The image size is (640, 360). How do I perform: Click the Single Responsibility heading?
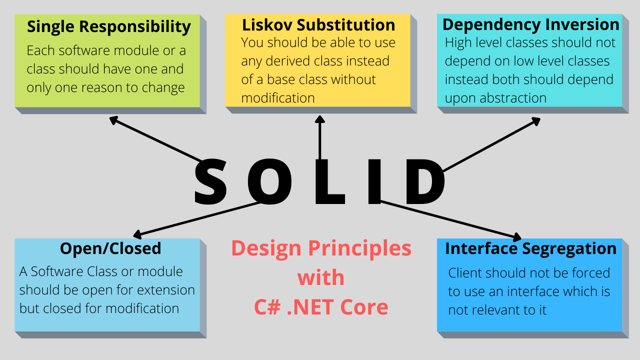(x=108, y=26)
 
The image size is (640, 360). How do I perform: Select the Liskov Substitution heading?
(x=318, y=25)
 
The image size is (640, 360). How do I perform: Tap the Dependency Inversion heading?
(x=531, y=24)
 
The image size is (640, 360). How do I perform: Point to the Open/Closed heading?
(x=110, y=248)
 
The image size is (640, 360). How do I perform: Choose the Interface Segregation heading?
(x=530, y=248)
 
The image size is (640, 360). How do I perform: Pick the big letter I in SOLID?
(x=375, y=182)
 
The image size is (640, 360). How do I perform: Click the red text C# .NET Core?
(x=321, y=307)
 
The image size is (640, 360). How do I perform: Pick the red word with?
(x=321, y=277)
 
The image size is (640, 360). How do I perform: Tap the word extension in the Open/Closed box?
(x=167, y=290)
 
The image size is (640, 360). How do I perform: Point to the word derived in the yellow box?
(x=292, y=61)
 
